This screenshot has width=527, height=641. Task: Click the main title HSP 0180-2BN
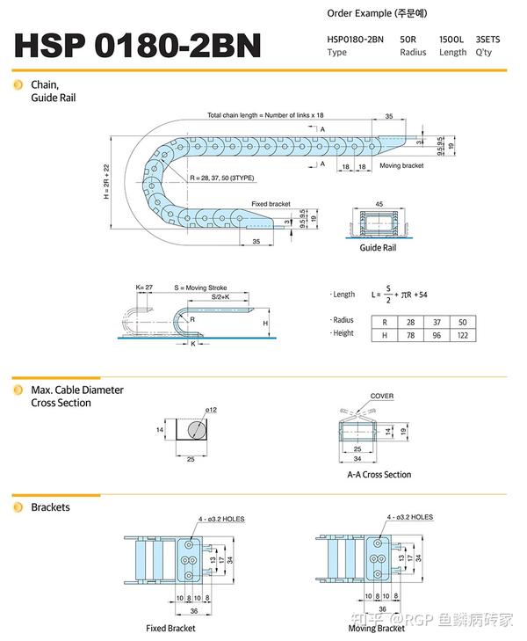(x=138, y=45)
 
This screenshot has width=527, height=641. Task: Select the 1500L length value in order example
(x=453, y=40)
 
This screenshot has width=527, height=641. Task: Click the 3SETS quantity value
(x=490, y=40)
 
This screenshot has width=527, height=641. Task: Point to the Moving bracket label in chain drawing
(x=401, y=165)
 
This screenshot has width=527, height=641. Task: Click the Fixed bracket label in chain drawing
(x=271, y=204)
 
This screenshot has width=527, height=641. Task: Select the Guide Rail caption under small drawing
(x=378, y=248)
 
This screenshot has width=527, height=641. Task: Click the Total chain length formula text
(x=265, y=115)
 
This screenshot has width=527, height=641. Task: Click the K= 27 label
(x=144, y=288)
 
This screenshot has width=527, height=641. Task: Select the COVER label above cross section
(x=382, y=397)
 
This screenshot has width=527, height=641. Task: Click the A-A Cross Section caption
(x=379, y=475)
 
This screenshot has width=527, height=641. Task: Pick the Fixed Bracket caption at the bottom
(x=170, y=628)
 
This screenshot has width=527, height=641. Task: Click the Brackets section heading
(x=50, y=507)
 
